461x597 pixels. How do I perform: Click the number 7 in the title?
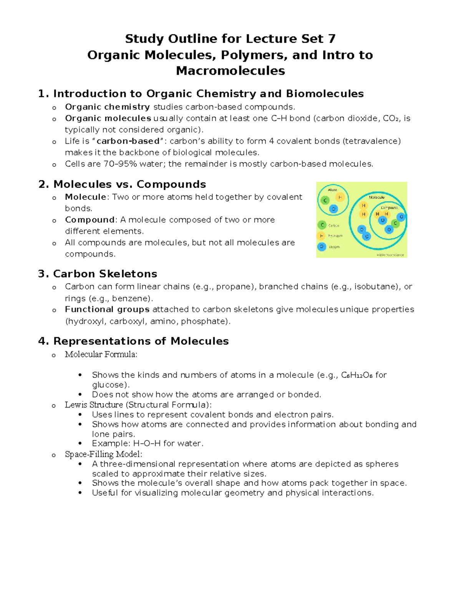click(332, 39)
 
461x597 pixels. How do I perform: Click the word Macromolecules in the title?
click(230, 71)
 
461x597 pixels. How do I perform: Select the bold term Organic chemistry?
click(107, 107)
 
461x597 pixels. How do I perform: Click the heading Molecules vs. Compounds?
click(129, 185)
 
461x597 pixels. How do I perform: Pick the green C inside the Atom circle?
click(325, 200)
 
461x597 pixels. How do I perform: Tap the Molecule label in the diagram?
click(376, 197)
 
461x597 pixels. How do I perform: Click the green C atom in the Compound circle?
click(395, 223)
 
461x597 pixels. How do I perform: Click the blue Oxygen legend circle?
click(322, 247)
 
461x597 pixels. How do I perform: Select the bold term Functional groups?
click(107, 309)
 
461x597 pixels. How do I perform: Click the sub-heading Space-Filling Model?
click(103, 454)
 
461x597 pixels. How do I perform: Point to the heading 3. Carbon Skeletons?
click(98, 274)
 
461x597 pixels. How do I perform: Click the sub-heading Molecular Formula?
click(101, 354)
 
